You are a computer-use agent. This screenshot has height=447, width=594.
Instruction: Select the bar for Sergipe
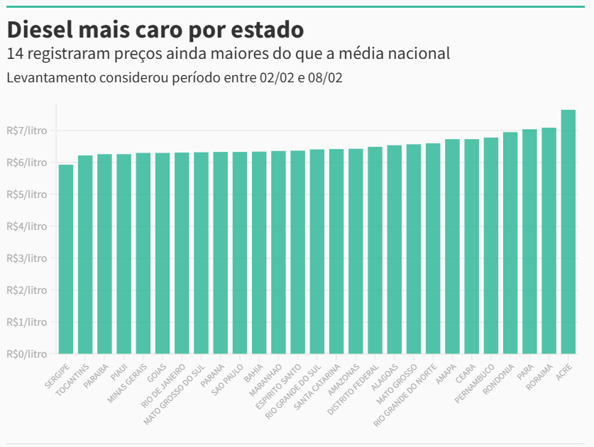point(66,259)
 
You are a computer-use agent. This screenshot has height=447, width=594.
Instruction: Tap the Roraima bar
point(549,241)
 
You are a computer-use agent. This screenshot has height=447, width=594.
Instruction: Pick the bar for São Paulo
point(240,253)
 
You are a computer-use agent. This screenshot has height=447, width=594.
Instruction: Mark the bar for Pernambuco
point(491,245)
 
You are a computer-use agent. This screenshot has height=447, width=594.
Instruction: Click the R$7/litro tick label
point(26,131)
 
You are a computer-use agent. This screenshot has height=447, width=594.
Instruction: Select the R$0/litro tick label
point(26,353)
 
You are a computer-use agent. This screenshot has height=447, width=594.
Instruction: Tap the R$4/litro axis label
point(26,226)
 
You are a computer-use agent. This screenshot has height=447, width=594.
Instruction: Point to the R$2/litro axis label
point(26,289)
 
